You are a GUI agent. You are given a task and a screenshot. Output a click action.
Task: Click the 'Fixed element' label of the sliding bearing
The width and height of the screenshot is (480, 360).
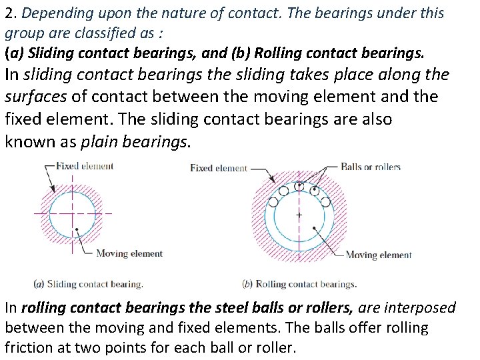point(85,166)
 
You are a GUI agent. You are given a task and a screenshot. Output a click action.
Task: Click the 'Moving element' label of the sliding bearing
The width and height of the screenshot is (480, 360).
point(129,253)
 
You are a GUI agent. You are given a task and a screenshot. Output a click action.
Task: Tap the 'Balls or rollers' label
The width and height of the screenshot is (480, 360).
point(371,167)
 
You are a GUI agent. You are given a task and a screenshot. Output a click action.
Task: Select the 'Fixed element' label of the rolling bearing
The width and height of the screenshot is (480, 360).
point(218,168)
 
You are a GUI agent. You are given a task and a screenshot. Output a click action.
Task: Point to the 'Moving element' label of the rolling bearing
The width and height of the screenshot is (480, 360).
point(378,255)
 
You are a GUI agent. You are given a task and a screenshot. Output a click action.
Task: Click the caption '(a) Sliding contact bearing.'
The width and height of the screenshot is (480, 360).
point(88,284)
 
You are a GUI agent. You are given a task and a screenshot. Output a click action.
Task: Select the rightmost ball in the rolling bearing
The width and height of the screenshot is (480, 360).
point(325,201)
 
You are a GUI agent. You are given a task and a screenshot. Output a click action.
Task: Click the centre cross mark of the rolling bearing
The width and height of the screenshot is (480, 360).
point(298,215)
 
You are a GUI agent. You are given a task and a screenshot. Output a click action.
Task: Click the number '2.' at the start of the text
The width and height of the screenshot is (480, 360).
point(9,13)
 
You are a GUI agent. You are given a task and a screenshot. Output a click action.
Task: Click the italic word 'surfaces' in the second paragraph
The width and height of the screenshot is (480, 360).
point(35,97)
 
